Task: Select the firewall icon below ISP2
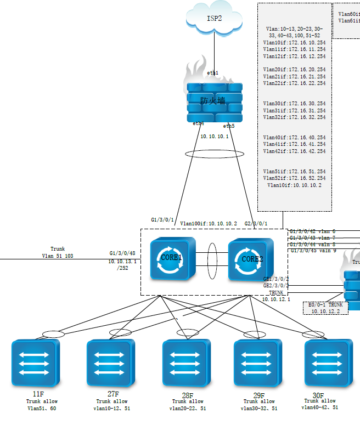click(214, 101)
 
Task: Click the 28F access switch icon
click(187, 364)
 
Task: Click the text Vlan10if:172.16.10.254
click(294, 42)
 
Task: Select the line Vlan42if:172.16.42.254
click(294, 151)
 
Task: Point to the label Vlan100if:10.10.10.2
click(209, 224)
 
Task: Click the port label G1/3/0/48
click(122, 253)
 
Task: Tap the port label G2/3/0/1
click(256, 224)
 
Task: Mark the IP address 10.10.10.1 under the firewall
click(215, 136)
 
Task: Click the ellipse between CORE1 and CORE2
click(212, 259)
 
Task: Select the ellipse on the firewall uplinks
click(211, 154)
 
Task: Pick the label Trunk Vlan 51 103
click(57, 252)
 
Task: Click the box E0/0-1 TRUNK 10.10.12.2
click(325, 308)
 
